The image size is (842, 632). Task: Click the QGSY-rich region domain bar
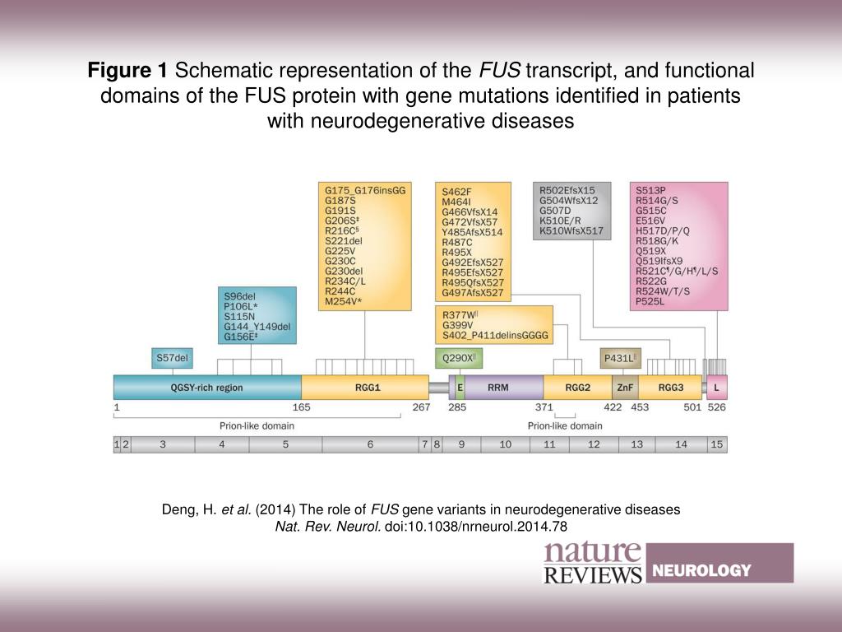206,388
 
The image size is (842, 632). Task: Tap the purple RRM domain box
498,388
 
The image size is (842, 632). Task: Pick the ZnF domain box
624,388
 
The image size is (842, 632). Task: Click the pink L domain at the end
717,388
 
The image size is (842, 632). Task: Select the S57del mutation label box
172,358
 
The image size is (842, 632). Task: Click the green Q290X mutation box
459,358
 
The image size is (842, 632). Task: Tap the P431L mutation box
621,358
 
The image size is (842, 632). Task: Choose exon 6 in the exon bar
370,444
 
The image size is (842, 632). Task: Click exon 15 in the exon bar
716,444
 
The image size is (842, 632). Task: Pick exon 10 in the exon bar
505,444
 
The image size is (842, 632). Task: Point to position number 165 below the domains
302,407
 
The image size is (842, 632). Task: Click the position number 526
717,407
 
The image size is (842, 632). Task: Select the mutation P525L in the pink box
650,302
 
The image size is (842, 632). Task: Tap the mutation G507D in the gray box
555,211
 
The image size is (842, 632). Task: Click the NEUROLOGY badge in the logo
701,570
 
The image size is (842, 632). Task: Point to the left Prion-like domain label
257,426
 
